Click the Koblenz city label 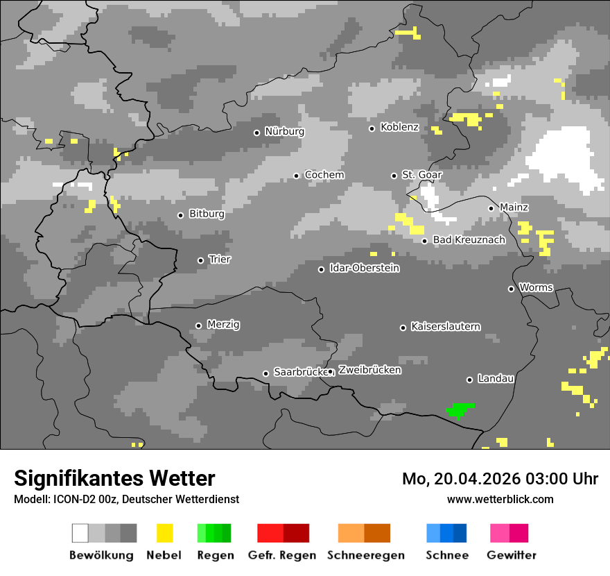[x=399, y=127]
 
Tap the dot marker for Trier [x=200, y=260]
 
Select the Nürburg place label [x=284, y=131]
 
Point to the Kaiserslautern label [x=445, y=326]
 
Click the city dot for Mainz [x=491, y=208]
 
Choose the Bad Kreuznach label [x=469, y=240]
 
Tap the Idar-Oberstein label [x=364, y=268]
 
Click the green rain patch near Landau [x=459, y=410]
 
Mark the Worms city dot [x=511, y=289]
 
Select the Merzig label [x=223, y=324]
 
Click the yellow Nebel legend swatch [x=164, y=533]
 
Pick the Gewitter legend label [x=511, y=555]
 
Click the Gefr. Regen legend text [x=282, y=555]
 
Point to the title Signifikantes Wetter [x=114, y=478]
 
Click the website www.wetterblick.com [x=500, y=499]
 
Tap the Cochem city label [x=324, y=175]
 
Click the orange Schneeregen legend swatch [x=364, y=533]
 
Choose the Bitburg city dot [x=180, y=215]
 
